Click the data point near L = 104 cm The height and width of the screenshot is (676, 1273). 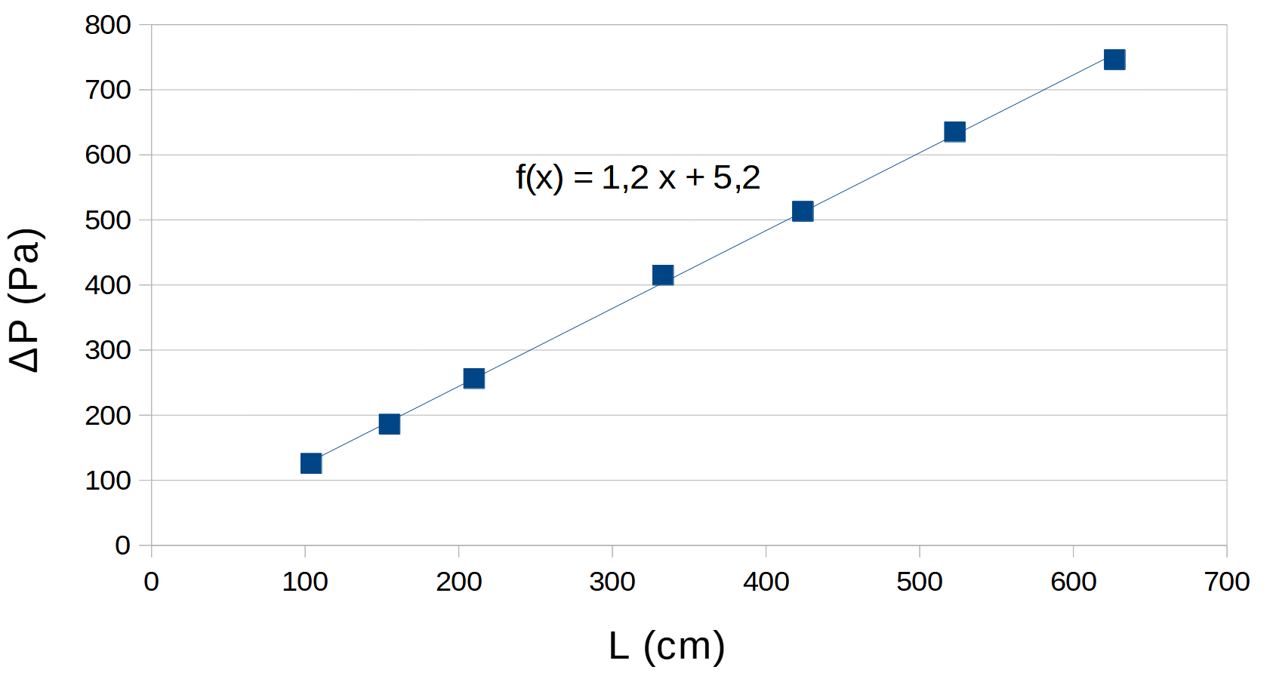(311, 463)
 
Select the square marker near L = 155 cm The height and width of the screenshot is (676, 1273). (389, 424)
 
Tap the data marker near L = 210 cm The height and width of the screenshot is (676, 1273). (473, 378)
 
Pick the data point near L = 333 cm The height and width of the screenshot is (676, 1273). (662, 275)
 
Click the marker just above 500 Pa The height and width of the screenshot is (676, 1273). (803, 211)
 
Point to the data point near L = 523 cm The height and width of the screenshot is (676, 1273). (954, 132)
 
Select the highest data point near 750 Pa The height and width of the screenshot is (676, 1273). (1114, 60)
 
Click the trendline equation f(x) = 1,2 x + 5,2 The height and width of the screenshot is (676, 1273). (638, 178)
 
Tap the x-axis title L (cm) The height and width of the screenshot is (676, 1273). (667, 646)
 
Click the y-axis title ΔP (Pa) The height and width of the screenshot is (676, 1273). (26, 300)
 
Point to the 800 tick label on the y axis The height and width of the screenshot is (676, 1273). (108, 25)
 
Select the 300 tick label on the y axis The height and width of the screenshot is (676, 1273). (108, 350)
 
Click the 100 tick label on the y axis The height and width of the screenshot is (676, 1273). (108, 481)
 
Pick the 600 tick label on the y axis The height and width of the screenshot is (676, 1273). (108, 155)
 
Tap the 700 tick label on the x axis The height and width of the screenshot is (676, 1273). (1227, 582)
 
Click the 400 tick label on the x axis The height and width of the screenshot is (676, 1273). (766, 582)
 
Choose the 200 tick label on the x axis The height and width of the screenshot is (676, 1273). (458, 582)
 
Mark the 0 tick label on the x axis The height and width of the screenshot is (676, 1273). (151, 582)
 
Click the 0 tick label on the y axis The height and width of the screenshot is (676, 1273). (122, 545)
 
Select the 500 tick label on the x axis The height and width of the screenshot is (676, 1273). (920, 582)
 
